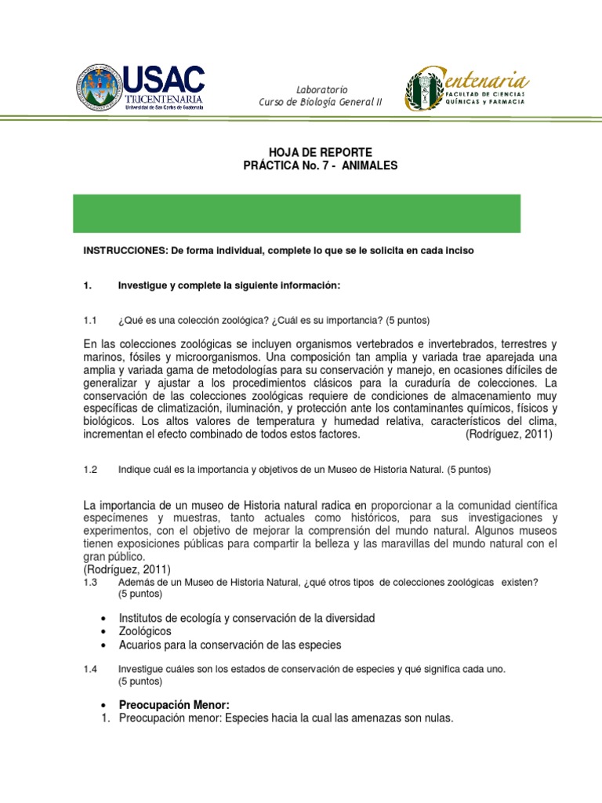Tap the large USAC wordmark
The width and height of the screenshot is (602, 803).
[165, 79]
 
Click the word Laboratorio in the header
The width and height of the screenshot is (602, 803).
[321, 89]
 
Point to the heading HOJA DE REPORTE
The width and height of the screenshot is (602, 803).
[310, 151]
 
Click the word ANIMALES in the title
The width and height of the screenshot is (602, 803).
[369, 165]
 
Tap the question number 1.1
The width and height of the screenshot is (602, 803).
[89, 321]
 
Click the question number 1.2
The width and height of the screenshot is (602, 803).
[89, 470]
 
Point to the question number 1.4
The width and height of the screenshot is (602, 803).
[89, 669]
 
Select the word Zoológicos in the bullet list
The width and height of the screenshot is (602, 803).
[145, 631]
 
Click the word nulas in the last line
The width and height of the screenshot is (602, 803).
[436, 718]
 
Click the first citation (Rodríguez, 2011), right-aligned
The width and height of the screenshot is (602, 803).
[509, 434]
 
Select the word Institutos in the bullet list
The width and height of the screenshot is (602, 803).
[143, 618]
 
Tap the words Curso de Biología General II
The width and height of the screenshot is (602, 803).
[321, 104]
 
